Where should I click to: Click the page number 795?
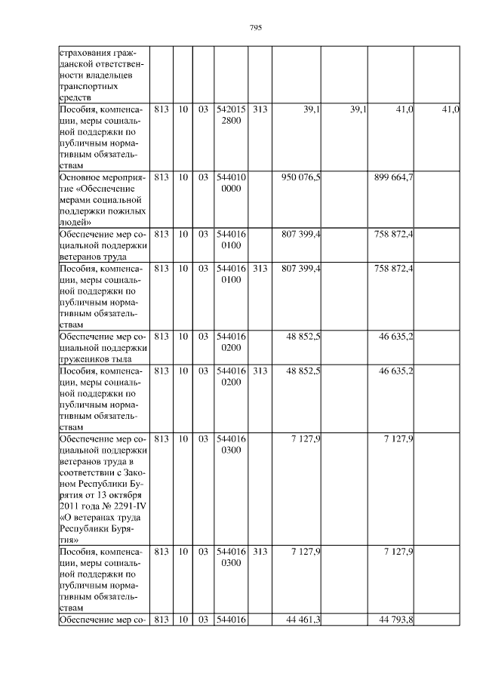[x=255, y=28]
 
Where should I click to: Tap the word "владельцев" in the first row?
[x=111, y=76]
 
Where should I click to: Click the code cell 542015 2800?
[x=231, y=115]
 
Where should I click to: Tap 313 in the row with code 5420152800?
[x=260, y=109]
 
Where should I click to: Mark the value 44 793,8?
[x=395, y=620]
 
